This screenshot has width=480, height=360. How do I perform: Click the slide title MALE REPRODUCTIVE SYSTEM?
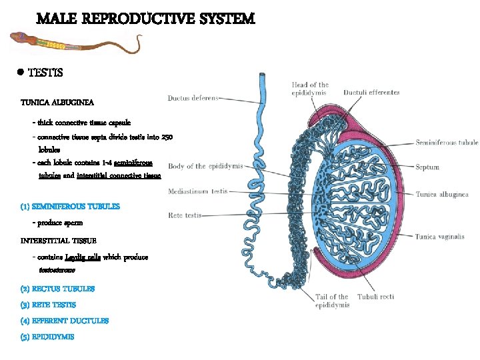pyautogui.click(x=145, y=18)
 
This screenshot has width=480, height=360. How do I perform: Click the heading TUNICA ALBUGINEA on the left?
pyautogui.click(x=57, y=103)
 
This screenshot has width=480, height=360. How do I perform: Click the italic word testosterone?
pyautogui.click(x=57, y=271)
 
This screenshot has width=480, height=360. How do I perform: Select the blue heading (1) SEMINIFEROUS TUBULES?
pyautogui.click(x=70, y=207)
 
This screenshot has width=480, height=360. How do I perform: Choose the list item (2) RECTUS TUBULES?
pyautogui.click(x=57, y=289)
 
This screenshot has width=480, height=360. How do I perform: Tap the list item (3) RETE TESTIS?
pyautogui.click(x=49, y=305)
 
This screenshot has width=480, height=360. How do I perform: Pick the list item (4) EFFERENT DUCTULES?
pyautogui.click(x=65, y=321)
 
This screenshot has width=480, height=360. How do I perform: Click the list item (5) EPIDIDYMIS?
pyautogui.click(x=47, y=337)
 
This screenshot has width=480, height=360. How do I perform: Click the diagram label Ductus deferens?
pyautogui.click(x=193, y=98)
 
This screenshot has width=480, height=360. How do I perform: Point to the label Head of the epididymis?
pyautogui.click(x=310, y=89)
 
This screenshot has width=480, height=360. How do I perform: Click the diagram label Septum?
pyautogui.click(x=427, y=167)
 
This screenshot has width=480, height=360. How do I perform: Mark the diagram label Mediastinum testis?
pyautogui.click(x=198, y=191)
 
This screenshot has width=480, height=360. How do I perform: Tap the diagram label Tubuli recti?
pyautogui.click(x=376, y=297)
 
